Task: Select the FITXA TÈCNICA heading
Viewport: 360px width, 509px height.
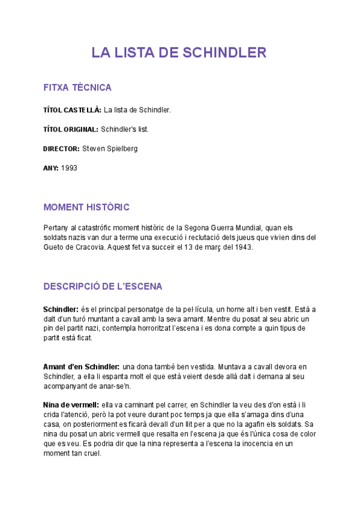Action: (77, 88)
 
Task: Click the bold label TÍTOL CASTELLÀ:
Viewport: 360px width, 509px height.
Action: (72, 110)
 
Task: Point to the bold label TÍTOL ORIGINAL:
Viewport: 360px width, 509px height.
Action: (70, 129)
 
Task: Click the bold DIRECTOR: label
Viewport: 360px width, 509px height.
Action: (61, 148)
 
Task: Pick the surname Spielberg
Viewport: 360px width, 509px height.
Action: (121, 148)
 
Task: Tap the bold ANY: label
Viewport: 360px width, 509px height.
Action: (50, 168)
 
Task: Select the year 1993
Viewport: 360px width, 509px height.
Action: (69, 168)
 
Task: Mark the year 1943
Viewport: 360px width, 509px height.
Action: (244, 247)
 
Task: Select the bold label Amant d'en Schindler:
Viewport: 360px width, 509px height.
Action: (81, 366)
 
